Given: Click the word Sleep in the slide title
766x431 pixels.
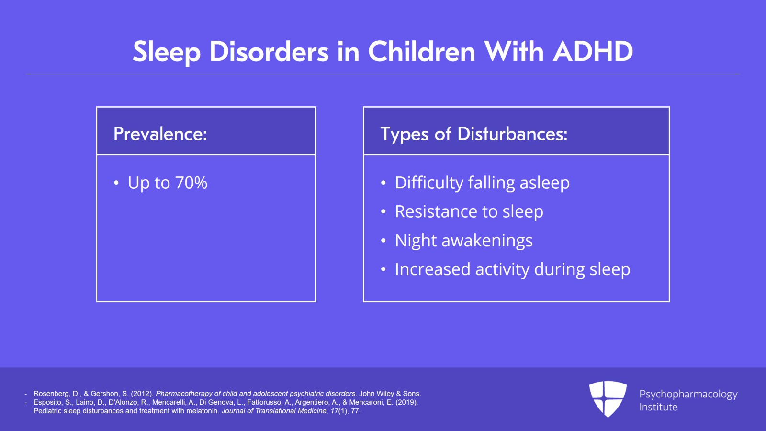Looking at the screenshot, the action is [167, 52].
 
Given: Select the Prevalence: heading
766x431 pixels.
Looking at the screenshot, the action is [160, 133].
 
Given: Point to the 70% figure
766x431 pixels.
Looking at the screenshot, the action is [191, 183].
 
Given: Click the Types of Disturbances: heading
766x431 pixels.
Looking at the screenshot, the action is [473, 134].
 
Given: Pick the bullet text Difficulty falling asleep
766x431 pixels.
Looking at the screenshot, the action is [482, 183].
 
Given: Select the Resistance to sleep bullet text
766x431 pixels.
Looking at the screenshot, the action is [469, 211].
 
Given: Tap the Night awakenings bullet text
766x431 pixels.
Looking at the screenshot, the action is [464, 241].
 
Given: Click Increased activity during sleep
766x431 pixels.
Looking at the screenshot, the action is [513, 269].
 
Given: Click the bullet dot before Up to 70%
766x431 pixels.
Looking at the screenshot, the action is [116, 183].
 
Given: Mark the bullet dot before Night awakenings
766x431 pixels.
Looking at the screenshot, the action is [383, 241].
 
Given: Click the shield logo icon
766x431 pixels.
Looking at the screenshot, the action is [608, 398].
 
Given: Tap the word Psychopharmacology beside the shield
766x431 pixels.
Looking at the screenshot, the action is [688, 394].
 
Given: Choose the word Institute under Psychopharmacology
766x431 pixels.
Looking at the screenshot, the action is [658, 407].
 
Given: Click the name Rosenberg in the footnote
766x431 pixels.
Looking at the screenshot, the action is [50, 394].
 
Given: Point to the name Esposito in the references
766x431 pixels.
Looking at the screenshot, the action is [47, 402].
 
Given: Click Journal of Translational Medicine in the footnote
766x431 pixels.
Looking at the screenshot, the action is [274, 411].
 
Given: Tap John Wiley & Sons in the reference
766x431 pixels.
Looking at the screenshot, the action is [390, 394].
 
